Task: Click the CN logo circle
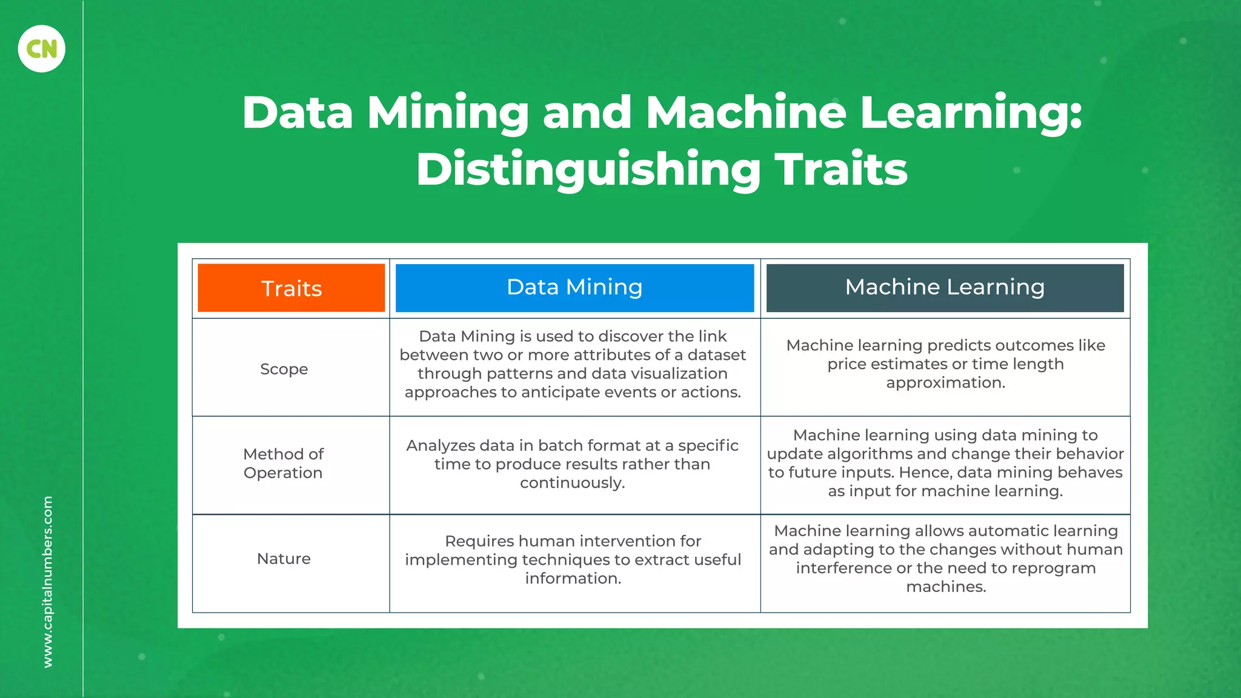click(x=41, y=48)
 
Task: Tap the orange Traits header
click(x=291, y=288)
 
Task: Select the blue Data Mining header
click(x=574, y=287)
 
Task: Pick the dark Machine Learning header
click(x=945, y=287)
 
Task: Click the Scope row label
click(x=284, y=369)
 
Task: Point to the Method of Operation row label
click(x=283, y=464)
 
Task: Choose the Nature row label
click(x=284, y=559)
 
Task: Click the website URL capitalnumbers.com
click(x=48, y=582)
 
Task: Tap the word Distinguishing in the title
click(x=588, y=170)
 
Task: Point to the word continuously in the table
click(x=572, y=483)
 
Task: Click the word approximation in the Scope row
click(x=945, y=383)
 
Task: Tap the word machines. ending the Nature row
click(x=946, y=587)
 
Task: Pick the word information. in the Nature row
click(x=573, y=579)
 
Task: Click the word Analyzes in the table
click(x=441, y=446)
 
